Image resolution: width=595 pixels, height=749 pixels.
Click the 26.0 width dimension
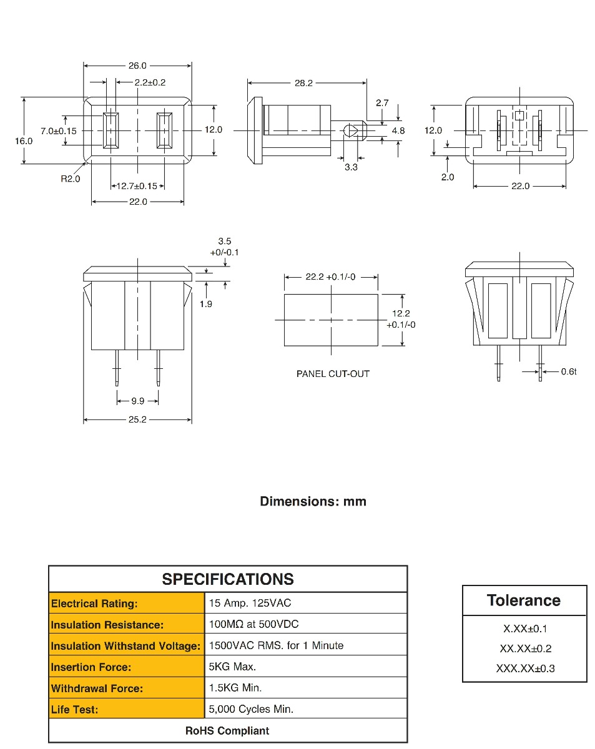(137, 66)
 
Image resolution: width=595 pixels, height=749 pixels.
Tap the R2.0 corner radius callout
(71, 179)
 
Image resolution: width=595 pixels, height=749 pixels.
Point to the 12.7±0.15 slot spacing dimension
(137, 186)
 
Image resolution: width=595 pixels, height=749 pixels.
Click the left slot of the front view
(111, 130)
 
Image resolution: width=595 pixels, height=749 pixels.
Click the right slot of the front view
(165, 130)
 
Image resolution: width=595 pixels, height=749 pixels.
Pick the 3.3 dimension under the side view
(351, 167)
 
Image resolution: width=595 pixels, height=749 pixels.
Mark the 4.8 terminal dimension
(398, 130)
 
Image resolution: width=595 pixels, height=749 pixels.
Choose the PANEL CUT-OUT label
(333, 374)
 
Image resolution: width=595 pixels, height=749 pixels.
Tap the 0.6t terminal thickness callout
(568, 371)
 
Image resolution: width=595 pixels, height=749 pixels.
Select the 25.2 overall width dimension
(137, 419)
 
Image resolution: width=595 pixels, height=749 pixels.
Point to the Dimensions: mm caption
(313, 501)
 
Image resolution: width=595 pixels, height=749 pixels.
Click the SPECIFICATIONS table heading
(228, 579)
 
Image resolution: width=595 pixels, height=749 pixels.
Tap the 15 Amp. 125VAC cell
(250, 603)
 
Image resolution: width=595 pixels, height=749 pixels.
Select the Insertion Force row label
(91, 667)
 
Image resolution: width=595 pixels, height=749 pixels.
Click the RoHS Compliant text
(227, 730)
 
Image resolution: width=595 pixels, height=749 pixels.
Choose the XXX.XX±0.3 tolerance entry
(525, 668)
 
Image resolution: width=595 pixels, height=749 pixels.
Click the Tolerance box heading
(524, 600)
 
